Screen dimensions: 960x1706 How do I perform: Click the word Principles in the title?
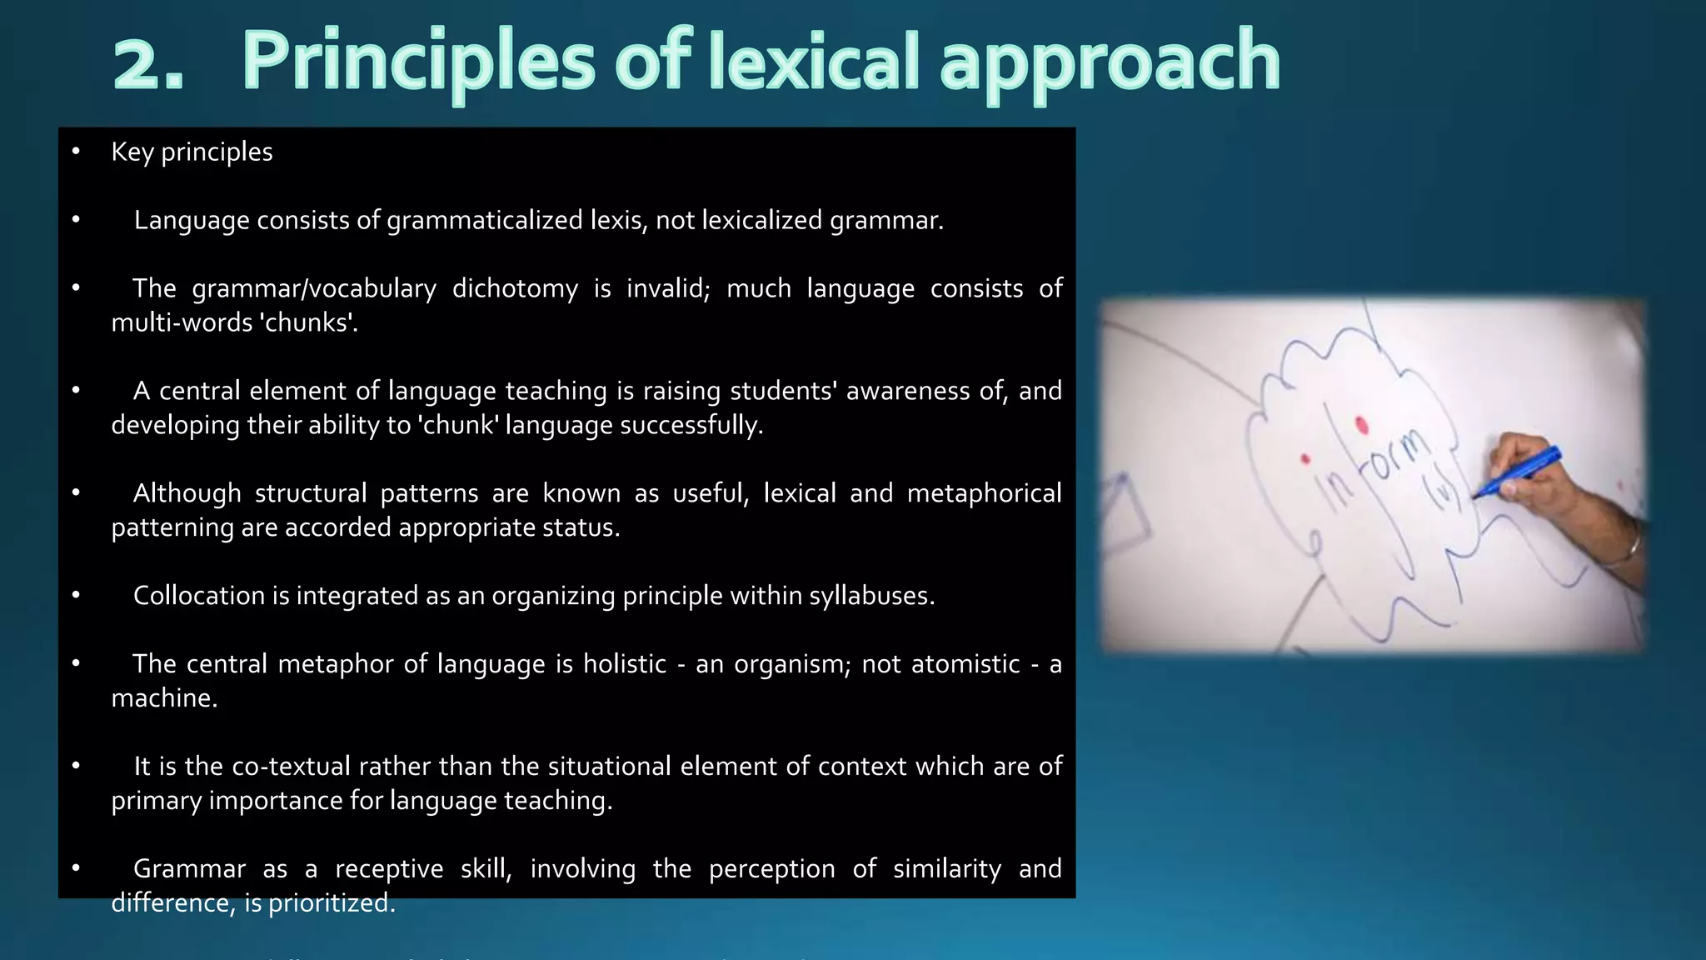pyautogui.click(x=418, y=62)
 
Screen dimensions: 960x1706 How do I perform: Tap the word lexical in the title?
pyautogui.click(x=814, y=62)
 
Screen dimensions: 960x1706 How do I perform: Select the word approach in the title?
pyautogui.click(x=1110, y=63)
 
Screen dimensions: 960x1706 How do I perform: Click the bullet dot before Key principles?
pyautogui.click(x=76, y=151)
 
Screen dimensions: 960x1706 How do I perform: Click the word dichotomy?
pyautogui.click(x=515, y=288)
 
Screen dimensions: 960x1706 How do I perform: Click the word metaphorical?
pyautogui.click(x=984, y=493)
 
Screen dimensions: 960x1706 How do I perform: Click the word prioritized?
pyautogui.click(x=332, y=903)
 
